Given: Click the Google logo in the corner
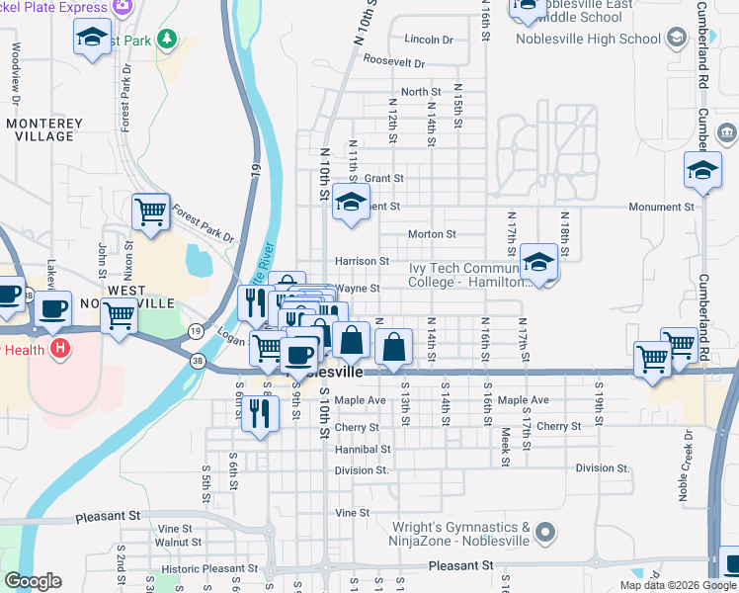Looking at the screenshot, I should [x=33, y=581].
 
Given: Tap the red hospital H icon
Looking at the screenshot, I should [x=61, y=348].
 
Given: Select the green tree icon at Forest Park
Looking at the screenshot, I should [x=167, y=40].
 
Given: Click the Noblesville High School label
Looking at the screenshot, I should [x=588, y=40].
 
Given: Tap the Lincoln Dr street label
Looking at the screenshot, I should [x=428, y=41].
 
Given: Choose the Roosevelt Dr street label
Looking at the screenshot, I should [x=393, y=61].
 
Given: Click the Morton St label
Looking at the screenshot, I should [x=432, y=235].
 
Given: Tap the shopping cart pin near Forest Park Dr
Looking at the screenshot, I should [x=150, y=212].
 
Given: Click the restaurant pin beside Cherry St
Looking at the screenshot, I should [x=260, y=412].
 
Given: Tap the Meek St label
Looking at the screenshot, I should [x=504, y=447].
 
